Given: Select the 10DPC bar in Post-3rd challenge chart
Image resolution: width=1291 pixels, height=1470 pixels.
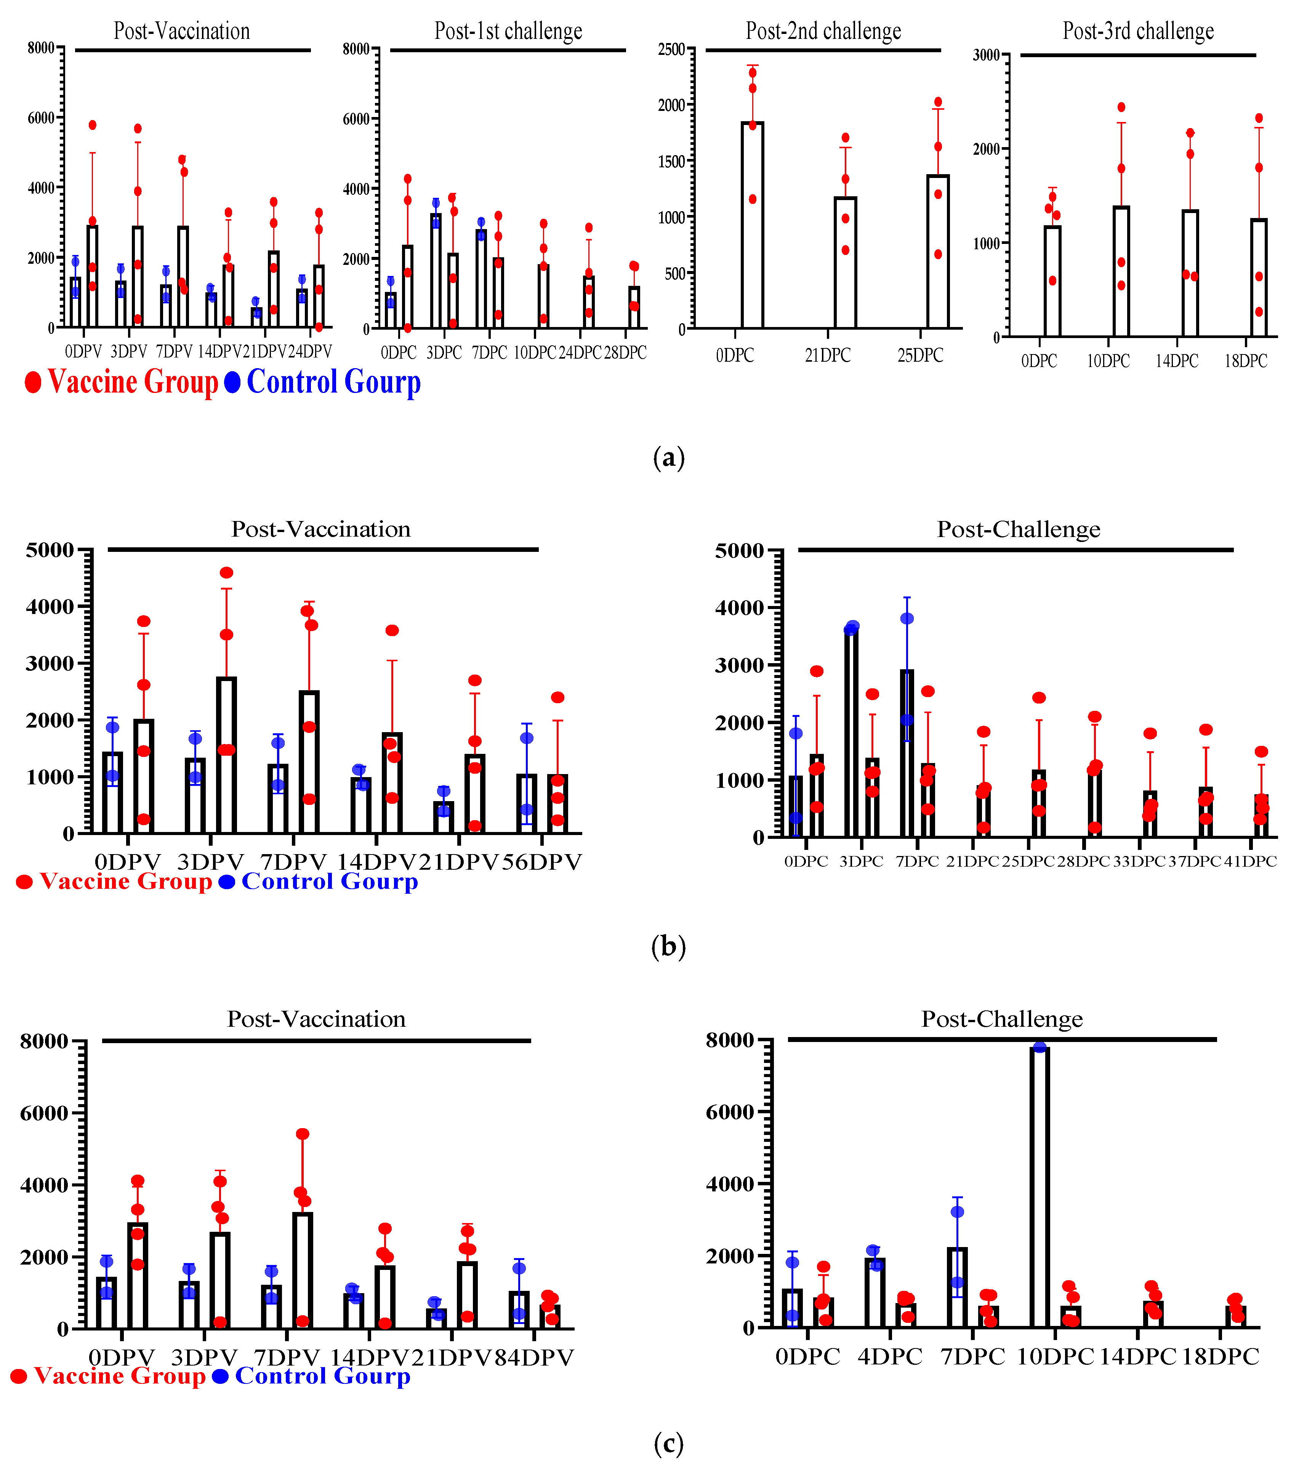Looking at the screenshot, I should [x=1121, y=272].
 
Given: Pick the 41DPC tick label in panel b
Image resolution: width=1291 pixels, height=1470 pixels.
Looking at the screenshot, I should [x=1250, y=861].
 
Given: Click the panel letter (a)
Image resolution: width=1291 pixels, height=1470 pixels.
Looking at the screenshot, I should [x=668, y=457].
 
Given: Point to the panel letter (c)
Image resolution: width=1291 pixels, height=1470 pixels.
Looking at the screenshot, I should [x=668, y=1443].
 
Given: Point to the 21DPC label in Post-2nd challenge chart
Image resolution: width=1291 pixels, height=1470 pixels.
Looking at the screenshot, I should [x=827, y=355].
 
